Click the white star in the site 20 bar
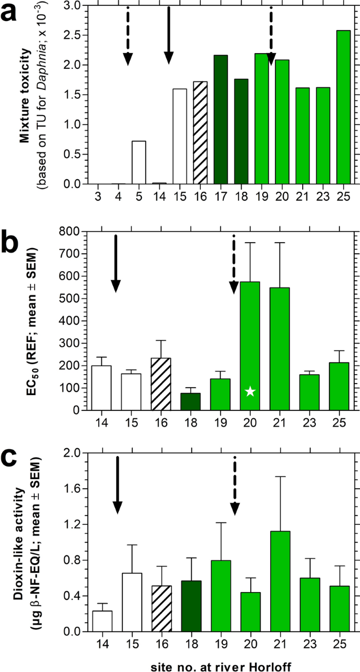[251, 391]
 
